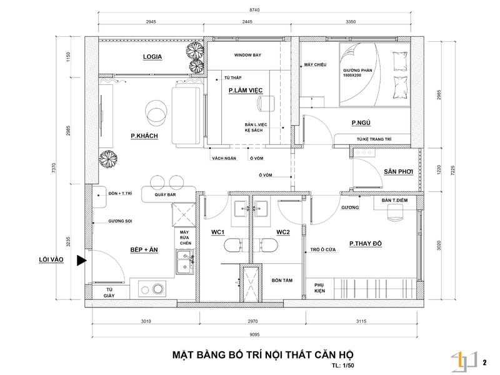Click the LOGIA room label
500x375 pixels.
point(152,57)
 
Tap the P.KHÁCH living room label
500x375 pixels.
point(144,136)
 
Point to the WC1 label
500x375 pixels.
point(217,232)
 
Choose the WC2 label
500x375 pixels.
point(283,232)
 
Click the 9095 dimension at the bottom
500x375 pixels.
point(257,334)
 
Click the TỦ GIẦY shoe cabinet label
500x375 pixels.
point(109,292)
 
